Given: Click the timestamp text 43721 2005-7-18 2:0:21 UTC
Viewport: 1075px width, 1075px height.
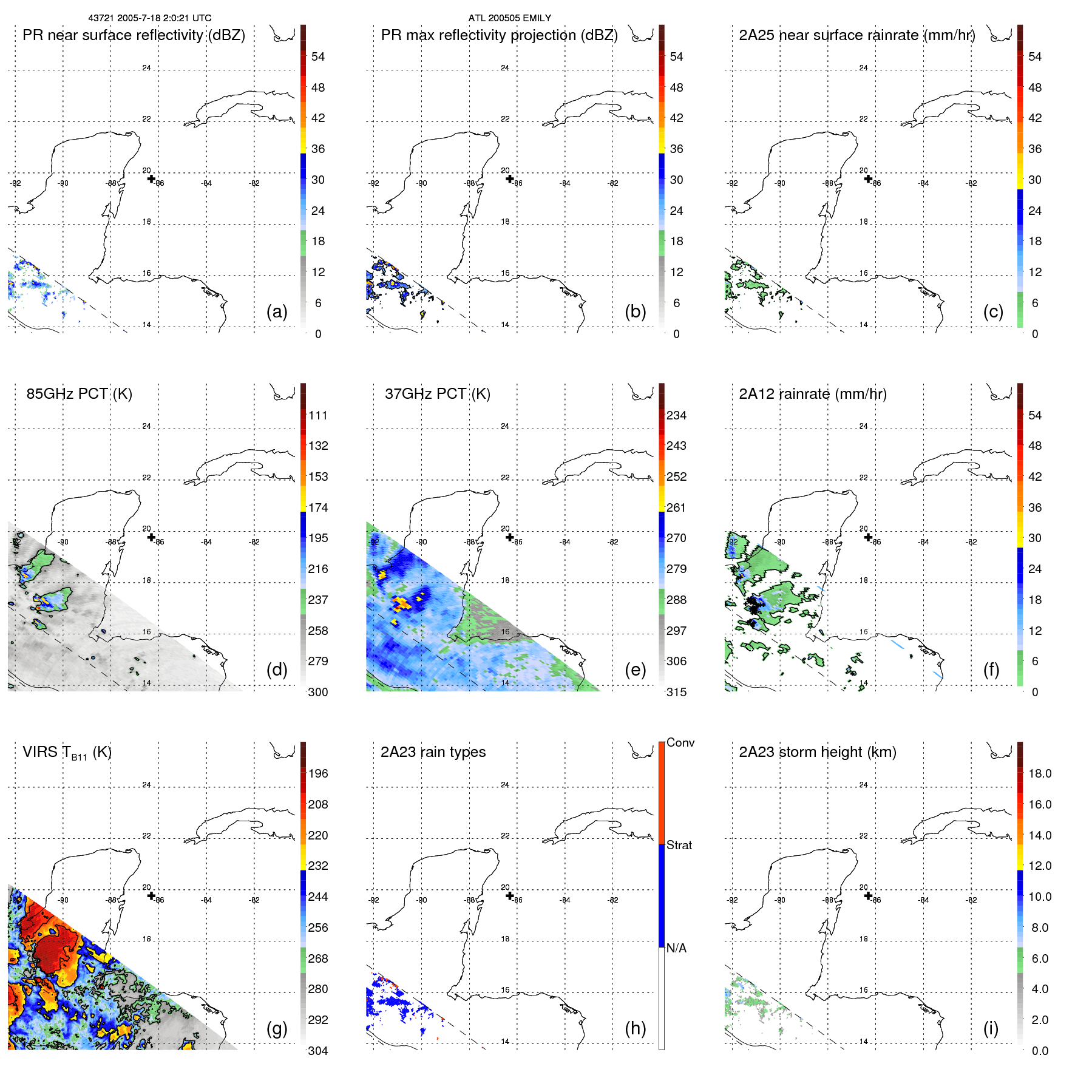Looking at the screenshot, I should click(149, 18).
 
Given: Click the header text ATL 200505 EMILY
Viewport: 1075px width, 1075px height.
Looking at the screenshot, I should click(509, 18).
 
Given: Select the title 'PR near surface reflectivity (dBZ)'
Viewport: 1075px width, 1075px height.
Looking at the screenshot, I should click(134, 35).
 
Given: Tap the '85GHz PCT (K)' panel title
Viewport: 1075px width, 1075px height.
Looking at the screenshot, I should click(79, 394).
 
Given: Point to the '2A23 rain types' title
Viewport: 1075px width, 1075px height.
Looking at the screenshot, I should click(433, 752).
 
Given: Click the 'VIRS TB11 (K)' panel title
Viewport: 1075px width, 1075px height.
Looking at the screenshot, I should click(67, 753).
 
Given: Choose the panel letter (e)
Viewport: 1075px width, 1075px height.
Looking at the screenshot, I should click(635, 670).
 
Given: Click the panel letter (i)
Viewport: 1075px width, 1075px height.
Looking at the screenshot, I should click(991, 1028).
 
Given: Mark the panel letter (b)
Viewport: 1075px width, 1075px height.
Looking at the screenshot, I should click(635, 311).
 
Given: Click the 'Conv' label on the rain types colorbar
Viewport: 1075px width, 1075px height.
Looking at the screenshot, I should click(680, 742).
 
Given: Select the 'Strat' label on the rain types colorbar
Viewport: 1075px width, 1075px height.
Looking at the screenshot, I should click(679, 845).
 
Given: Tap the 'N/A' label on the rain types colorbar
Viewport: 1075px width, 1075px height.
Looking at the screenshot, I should click(676, 948).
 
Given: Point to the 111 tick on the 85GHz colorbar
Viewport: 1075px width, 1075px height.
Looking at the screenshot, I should click(318, 415).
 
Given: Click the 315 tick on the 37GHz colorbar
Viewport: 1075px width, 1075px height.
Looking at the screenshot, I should click(676, 692).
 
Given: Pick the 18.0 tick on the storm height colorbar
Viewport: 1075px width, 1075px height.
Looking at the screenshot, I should click(1040, 773).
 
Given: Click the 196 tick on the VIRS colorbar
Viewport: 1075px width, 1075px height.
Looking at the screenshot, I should click(318, 773).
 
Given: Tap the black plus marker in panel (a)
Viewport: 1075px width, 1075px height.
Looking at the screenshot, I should click(151, 178).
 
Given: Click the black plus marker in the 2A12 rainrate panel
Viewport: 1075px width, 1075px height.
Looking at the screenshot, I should click(868, 537).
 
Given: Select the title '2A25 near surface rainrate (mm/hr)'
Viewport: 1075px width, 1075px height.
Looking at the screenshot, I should click(857, 35).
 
